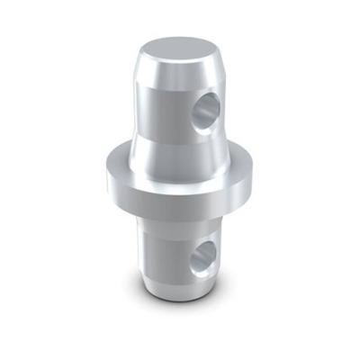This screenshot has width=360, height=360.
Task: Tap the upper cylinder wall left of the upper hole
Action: [162, 108]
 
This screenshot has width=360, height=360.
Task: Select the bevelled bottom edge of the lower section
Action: [171, 290]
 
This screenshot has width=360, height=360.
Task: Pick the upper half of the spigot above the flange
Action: [175, 99]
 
